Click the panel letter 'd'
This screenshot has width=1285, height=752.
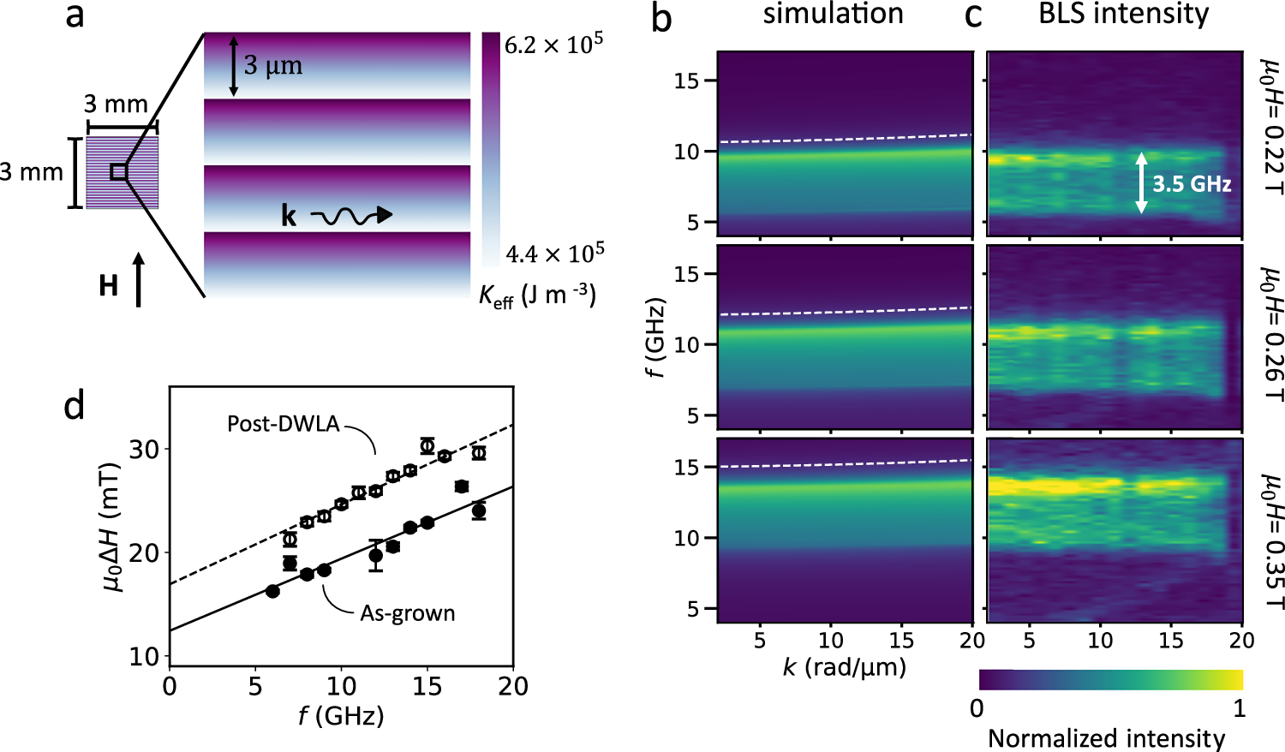75,405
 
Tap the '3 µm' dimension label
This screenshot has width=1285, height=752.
272,66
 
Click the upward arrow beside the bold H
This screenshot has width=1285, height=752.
140,279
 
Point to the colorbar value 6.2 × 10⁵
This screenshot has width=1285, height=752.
553,45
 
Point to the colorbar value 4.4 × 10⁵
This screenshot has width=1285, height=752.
554,254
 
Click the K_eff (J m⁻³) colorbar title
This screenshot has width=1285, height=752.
537,295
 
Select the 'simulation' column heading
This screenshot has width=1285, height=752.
833,15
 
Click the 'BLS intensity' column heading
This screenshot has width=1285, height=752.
1123,15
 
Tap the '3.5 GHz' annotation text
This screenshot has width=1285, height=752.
1191,183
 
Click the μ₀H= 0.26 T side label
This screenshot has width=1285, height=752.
1271,337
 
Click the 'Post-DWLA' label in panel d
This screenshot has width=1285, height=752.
283,424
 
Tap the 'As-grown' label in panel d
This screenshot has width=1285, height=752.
407,613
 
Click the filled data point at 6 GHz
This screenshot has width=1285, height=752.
272,591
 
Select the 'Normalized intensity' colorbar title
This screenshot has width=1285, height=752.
1106,738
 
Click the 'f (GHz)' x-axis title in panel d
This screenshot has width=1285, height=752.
341,715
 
